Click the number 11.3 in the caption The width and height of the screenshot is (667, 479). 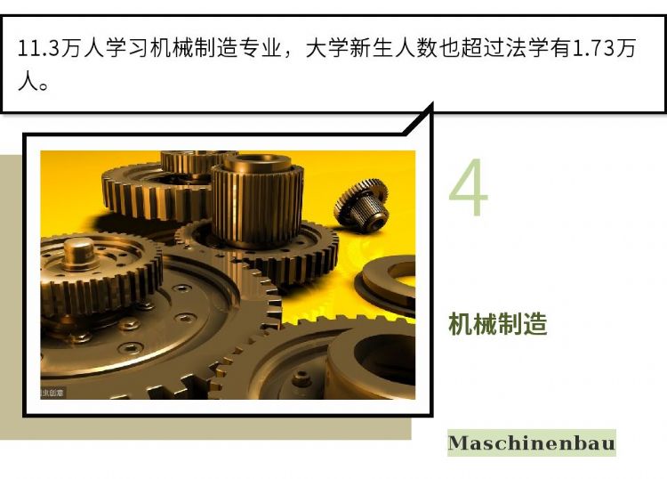click(x=37, y=48)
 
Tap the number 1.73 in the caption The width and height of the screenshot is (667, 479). click(x=594, y=48)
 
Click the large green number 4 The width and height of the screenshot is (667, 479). click(x=469, y=187)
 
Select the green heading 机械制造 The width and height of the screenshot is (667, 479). click(x=498, y=324)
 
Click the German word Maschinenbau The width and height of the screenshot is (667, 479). click(x=532, y=442)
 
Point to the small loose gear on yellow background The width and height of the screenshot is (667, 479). click(x=362, y=206)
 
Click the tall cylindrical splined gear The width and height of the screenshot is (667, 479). click(x=257, y=200)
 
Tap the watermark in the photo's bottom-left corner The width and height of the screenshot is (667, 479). click(x=52, y=393)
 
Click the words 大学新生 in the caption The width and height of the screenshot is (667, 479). click(x=350, y=48)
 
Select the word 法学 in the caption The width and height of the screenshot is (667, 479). click(x=527, y=48)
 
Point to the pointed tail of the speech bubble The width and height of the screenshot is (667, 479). click(x=432, y=103)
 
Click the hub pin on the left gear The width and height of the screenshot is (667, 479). click(x=79, y=255)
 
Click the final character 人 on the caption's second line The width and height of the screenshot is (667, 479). click(x=28, y=81)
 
